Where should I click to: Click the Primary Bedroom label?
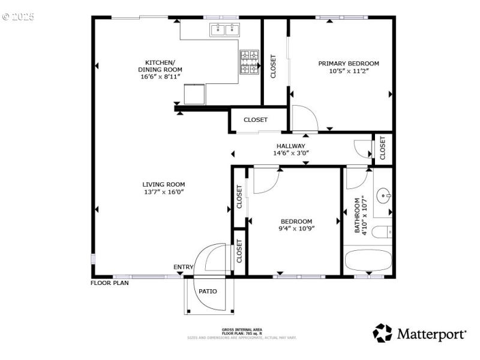349,63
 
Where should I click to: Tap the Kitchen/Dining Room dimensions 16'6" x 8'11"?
160,77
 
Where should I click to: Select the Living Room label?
164,184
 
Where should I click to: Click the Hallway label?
290,146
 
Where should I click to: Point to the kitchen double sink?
224,29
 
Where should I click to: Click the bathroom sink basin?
383,196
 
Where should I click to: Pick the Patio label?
208,292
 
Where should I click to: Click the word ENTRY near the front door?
184,267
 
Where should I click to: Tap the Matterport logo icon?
383,333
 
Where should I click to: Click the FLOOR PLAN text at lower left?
109,283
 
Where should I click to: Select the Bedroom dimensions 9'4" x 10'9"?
296,228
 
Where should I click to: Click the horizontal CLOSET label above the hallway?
256,120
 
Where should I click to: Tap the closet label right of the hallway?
383,148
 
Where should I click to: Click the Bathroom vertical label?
359,215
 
